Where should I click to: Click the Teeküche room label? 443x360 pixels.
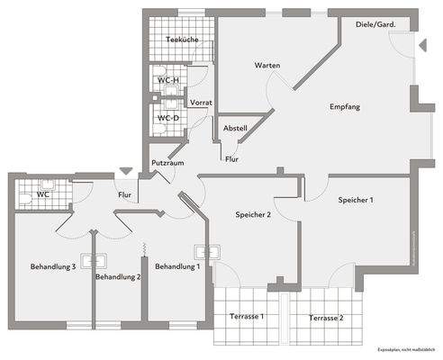pos(182,40)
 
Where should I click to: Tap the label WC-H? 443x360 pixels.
pos(168,80)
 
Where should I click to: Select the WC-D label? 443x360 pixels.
pos(168,118)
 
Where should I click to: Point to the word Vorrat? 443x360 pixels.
pos(201,103)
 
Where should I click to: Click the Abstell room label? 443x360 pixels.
pos(235,128)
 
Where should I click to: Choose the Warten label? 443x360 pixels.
pos(267,66)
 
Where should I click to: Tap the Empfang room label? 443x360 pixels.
pos(345,106)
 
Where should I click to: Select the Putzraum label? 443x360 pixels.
pos(167,163)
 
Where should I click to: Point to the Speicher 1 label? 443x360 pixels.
pos(356,200)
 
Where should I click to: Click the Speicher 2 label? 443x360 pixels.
pos(254,215)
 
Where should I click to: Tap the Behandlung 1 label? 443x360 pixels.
pos(177,267)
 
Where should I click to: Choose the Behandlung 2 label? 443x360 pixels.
pos(118,276)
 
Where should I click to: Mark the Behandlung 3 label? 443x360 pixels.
pos(53,267)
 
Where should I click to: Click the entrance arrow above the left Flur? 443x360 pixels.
pos(125,170)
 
